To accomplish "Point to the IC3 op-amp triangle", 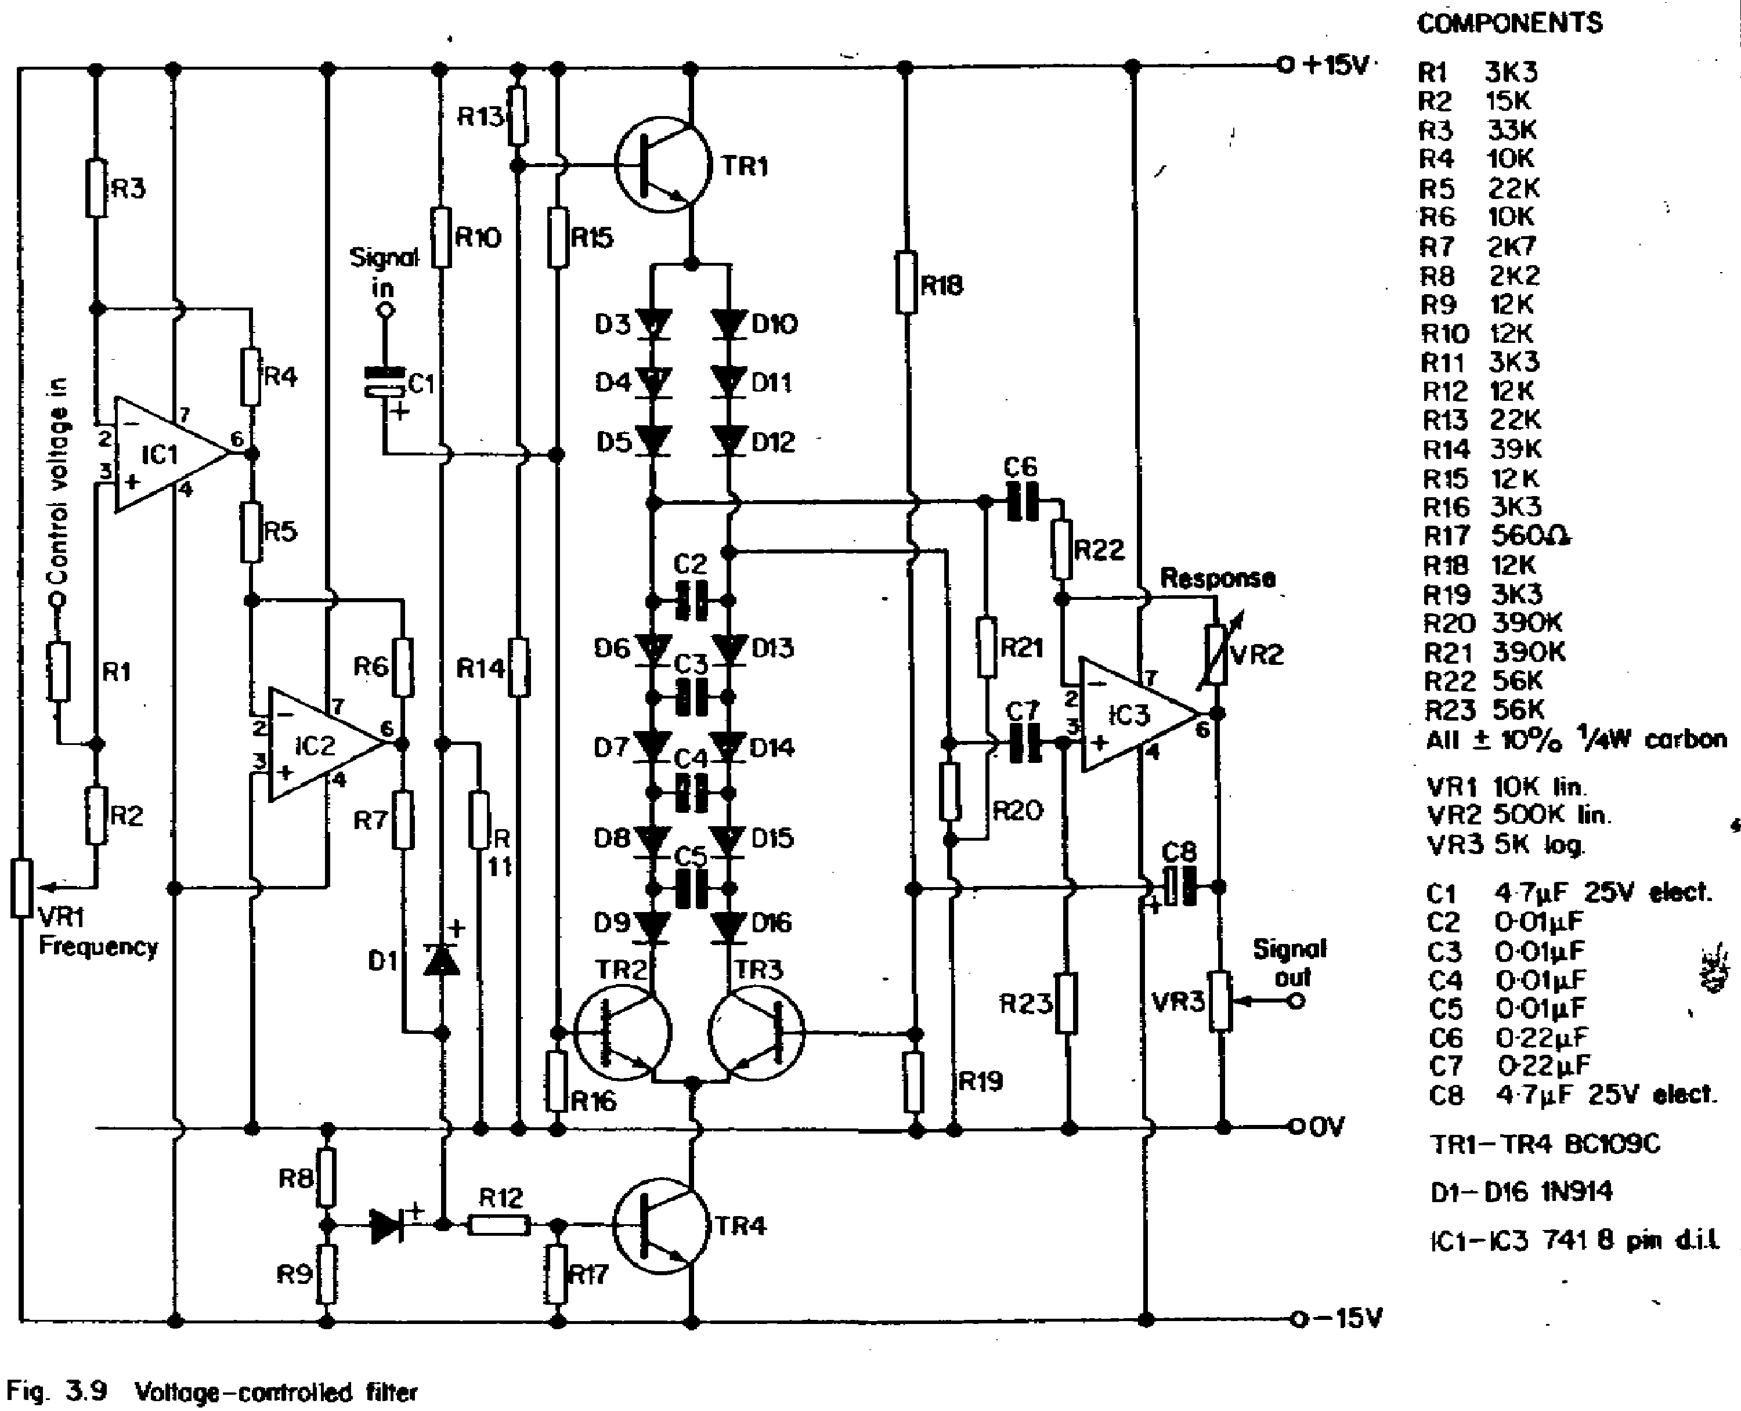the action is (1140, 714).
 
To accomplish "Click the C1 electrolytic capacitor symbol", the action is (384, 383).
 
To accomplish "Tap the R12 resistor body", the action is (499, 1226).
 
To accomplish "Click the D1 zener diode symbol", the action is (442, 960).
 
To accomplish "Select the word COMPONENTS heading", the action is (1509, 23).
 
